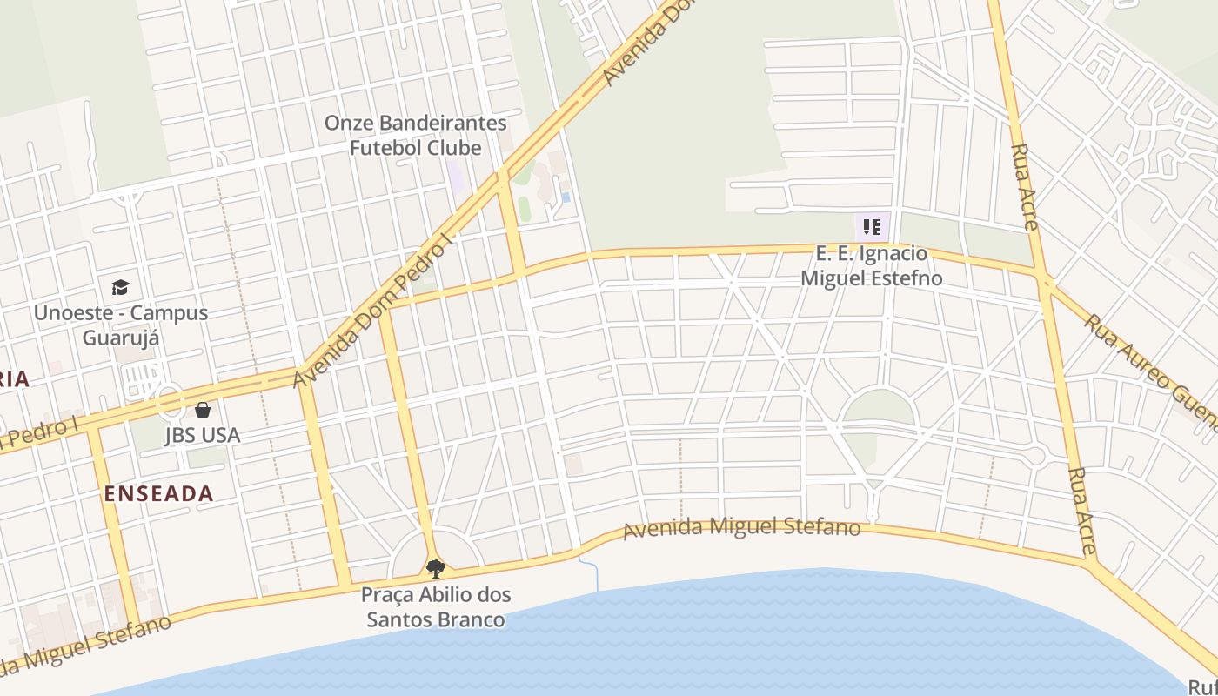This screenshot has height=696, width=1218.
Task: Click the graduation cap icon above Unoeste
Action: pyautogui.click(x=120, y=287)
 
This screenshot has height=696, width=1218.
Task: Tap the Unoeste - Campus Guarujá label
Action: pyautogui.click(x=121, y=325)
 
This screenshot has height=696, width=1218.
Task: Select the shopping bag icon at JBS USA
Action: pyautogui.click(x=203, y=409)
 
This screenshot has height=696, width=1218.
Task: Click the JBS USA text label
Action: pyautogui.click(x=202, y=435)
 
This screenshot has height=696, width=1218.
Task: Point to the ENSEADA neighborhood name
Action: pyautogui.click(x=158, y=494)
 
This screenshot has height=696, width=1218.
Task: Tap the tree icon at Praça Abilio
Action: pyautogui.click(x=435, y=569)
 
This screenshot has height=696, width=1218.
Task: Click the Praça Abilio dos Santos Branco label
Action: pyautogui.click(x=435, y=607)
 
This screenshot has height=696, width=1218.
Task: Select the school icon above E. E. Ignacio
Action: pyautogui.click(x=872, y=228)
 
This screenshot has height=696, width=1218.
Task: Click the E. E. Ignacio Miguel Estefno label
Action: pyautogui.click(x=872, y=266)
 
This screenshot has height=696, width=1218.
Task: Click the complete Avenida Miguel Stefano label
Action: pyautogui.click(x=742, y=528)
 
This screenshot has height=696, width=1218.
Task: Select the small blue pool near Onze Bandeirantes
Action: pyautogui.click(x=565, y=197)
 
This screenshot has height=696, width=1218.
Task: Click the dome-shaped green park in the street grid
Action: pyautogui.click(x=879, y=408)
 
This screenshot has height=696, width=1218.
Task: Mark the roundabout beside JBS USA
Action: pyautogui.click(x=169, y=401)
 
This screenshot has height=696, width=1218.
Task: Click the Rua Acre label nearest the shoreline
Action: pyautogui.click(x=1082, y=512)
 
